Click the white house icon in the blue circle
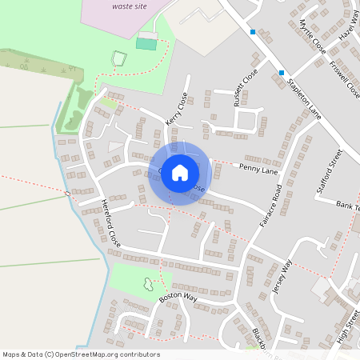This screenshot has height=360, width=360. [x=180, y=173]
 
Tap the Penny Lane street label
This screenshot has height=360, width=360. [x=258, y=170]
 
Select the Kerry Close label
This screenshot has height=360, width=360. [x=177, y=108]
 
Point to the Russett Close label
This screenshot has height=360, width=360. [x=243, y=87]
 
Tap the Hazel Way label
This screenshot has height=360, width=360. [x=348, y=24]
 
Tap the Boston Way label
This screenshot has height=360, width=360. [x=178, y=297]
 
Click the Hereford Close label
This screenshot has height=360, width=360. [x=110, y=222]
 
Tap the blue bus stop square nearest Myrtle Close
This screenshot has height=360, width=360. [x=253, y=32]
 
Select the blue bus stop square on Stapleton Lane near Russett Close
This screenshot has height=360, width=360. [x=282, y=73]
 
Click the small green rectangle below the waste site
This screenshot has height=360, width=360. [x=146, y=43]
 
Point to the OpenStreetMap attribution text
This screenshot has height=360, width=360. [x=81, y=354]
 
